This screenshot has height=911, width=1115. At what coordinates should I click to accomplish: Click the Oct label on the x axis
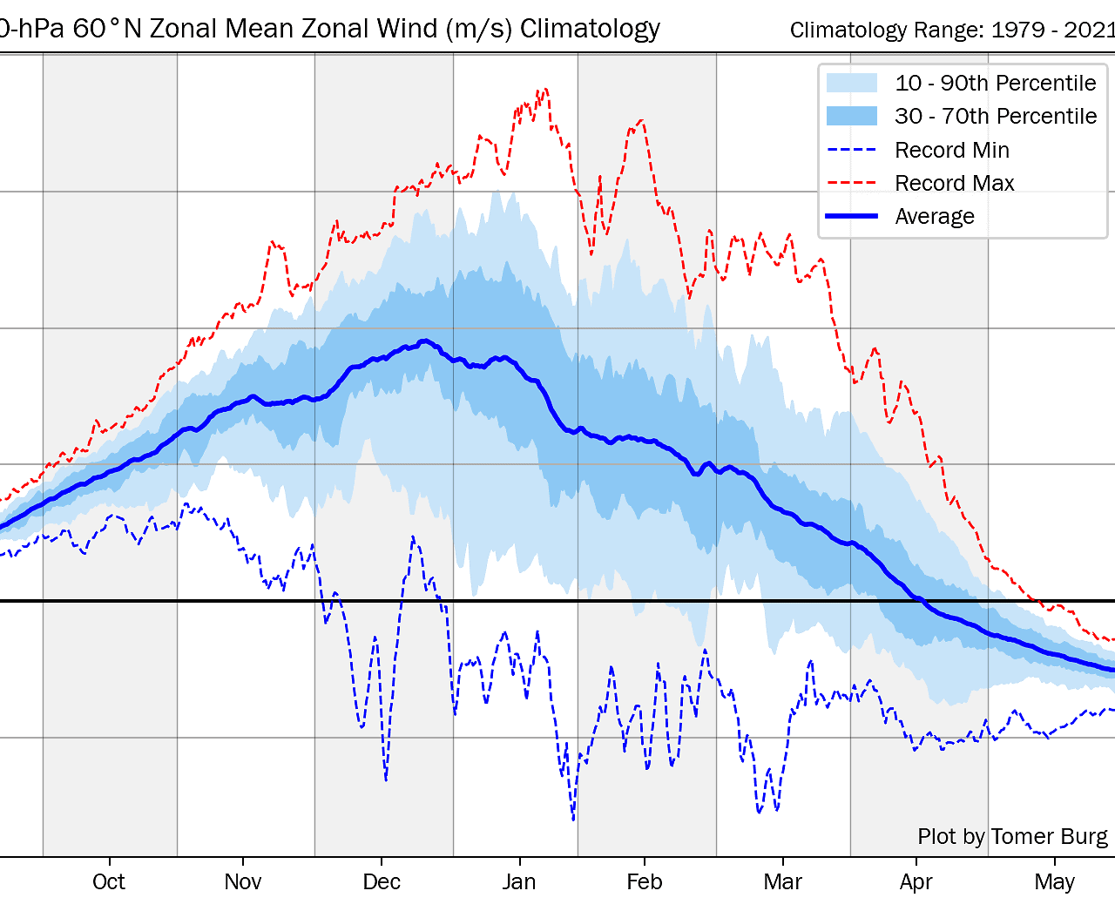108,881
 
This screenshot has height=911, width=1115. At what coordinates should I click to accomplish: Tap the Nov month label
243,881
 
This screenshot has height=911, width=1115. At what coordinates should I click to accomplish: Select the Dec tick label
382,881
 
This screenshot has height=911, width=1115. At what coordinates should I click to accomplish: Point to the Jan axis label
519,881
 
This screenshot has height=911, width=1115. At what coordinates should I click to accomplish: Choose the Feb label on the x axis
644,881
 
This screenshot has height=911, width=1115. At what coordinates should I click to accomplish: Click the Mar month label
782,881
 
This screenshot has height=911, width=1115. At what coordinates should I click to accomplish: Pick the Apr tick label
916,882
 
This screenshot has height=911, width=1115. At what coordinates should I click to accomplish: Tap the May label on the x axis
1054,882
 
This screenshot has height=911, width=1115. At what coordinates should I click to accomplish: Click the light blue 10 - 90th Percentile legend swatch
852,83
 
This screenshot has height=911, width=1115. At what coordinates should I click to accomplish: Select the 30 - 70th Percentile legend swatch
852,116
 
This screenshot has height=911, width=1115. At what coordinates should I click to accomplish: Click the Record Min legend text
952,150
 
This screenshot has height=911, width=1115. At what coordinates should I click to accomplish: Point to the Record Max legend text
955,183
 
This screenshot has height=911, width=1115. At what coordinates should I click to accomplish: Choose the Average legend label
935,216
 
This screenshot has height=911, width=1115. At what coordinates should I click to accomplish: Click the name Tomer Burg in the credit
1049,836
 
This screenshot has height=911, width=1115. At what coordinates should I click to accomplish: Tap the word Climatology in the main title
590,29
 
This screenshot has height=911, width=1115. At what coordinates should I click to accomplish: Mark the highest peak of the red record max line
545,89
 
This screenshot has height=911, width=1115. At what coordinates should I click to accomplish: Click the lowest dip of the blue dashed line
574,820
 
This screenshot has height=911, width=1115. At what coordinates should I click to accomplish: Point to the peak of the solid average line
424,341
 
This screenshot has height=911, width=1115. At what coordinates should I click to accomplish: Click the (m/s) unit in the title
478,29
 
